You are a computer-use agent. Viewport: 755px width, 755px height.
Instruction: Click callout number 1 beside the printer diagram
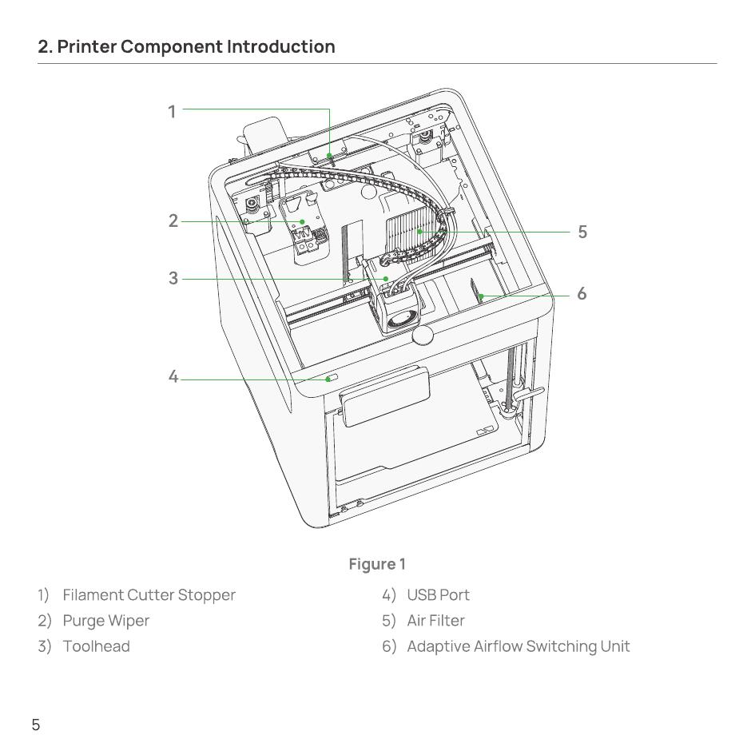tap(172, 112)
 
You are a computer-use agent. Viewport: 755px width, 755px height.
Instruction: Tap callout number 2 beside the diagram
tap(173, 221)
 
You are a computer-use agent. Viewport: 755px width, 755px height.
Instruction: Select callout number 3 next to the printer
tap(173, 278)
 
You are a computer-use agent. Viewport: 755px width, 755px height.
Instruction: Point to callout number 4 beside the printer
tap(173, 376)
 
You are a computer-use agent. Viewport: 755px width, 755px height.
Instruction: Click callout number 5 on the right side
tap(582, 232)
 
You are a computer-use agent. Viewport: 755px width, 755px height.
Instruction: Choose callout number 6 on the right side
tap(582, 293)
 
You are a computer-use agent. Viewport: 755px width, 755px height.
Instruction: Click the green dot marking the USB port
tap(328, 379)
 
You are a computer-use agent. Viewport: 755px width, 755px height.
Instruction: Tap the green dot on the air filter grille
tap(420, 232)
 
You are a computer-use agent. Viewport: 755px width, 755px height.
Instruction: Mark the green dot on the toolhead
tap(386, 279)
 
